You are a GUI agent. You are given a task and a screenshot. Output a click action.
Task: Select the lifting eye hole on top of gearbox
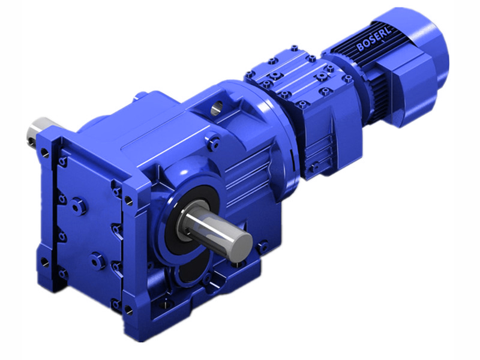point(217,108)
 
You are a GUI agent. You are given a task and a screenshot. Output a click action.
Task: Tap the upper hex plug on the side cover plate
point(76,206)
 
